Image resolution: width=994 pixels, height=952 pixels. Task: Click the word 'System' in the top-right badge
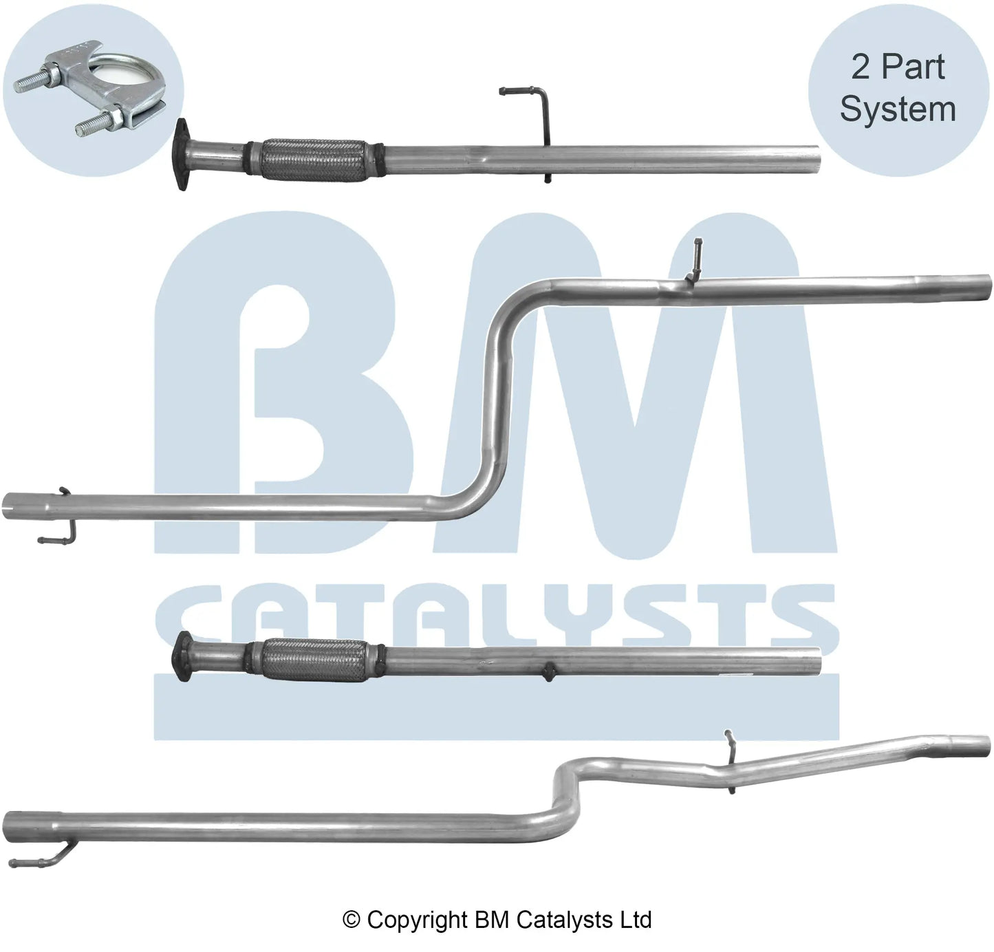pyautogui.click(x=898, y=109)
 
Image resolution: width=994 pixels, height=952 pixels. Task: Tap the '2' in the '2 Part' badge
pyautogui.click(x=860, y=67)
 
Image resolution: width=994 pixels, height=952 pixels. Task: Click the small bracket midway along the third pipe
pyautogui.click(x=549, y=672)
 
